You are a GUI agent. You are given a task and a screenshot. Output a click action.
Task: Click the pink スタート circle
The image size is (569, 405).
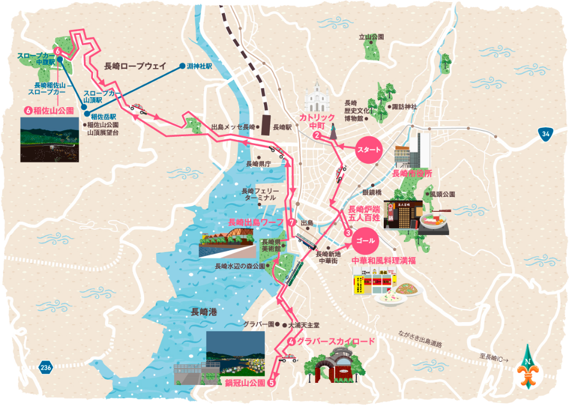pos(369,149)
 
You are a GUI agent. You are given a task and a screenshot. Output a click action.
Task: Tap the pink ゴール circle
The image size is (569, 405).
pos(365,240)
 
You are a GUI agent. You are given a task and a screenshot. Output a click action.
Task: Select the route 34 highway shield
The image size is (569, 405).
pos(546,135)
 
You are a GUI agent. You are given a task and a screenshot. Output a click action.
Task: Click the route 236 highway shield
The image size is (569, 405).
pos(45,368)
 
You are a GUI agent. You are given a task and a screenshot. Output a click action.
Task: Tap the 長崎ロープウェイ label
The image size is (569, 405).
pos(135,67)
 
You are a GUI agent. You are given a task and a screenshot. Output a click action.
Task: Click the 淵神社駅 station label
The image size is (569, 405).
pos(199,67)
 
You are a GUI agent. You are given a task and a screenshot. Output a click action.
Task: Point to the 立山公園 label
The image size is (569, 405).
pos(371,37)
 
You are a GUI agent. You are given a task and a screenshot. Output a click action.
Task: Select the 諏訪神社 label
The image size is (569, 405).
pos(404,107)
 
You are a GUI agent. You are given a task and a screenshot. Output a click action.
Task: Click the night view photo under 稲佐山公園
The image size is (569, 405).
pos(49,139)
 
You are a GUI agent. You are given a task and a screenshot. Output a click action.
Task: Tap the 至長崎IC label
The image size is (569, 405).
pos(495,357)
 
